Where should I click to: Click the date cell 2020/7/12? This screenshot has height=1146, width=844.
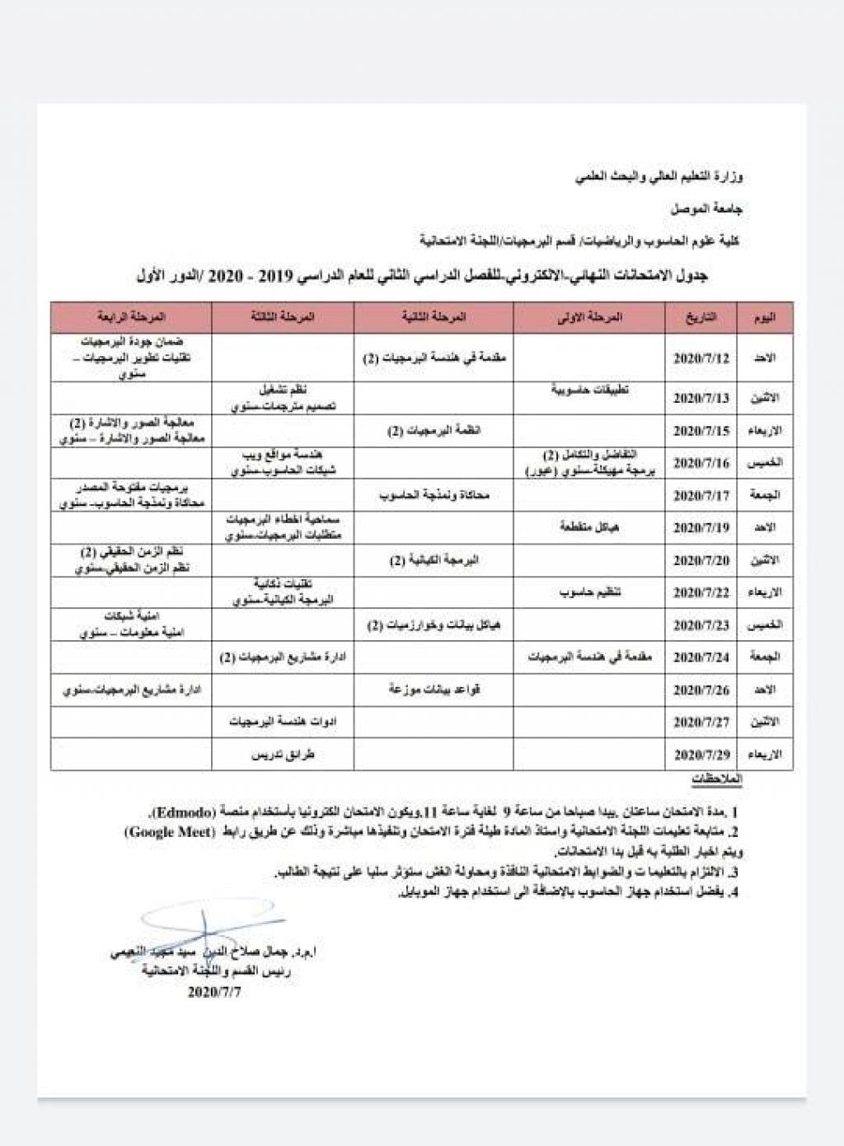point(701,358)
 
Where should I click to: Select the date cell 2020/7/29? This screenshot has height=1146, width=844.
point(701,754)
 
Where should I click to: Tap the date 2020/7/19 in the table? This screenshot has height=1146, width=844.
point(701,527)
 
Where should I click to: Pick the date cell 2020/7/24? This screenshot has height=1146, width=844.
point(701,657)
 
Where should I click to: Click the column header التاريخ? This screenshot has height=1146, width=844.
point(701,317)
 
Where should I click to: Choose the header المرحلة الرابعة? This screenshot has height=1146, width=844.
point(132,317)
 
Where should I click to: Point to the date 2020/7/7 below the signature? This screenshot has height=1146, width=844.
point(214,992)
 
